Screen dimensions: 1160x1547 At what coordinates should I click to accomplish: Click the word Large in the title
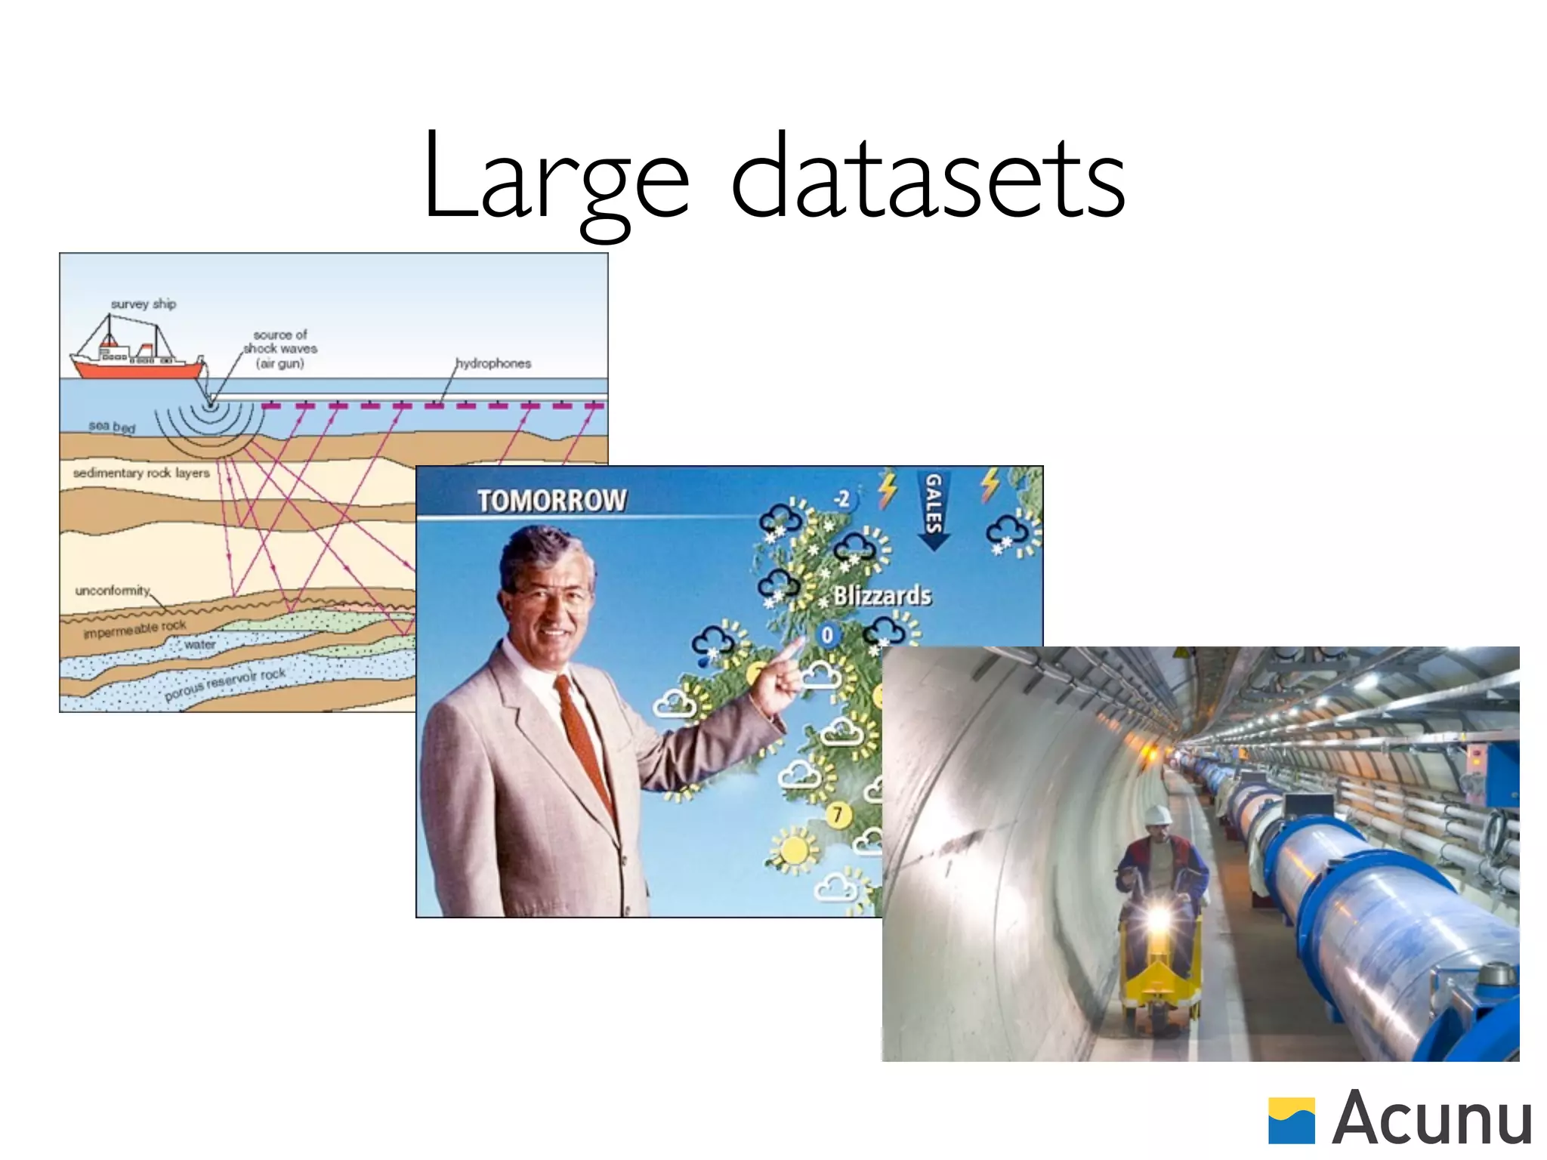click(x=556, y=178)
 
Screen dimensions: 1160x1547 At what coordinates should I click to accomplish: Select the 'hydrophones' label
click(x=493, y=363)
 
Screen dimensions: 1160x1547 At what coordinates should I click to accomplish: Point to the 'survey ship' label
click(x=144, y=304)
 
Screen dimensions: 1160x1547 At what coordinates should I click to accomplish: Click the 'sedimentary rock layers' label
click(x=141, y=473)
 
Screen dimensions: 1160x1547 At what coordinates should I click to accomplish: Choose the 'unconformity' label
click(x=113, y=590)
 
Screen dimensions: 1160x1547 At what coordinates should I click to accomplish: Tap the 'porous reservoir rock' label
click(x=225, y=683)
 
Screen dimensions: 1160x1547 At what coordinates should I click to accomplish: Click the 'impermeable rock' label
click(x=134, y=628)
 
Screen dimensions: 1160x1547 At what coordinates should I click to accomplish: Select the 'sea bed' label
click(x=112, y=427)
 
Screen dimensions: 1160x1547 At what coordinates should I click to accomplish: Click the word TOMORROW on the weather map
click(x=552, y=500)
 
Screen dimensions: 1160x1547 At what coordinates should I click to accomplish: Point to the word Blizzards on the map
click(x=882, y=596)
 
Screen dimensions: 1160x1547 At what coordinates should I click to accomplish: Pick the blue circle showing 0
click(x=827, y=634)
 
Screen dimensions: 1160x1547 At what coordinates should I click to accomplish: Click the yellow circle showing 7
click(x=837, y=814)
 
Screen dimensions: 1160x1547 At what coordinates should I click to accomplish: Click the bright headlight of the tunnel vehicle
click(x=1158, y=918)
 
